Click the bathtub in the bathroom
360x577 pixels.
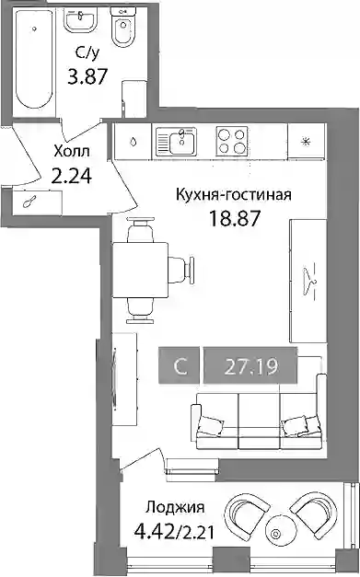pos(34,59)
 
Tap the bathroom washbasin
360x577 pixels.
pos(81,20)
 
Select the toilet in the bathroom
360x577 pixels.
pos(123,28)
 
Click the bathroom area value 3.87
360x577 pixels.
pos(87,77)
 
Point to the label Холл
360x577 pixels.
pos(72,151)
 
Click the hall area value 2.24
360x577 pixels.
pos(72,177)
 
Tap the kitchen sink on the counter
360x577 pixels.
pos(177,142)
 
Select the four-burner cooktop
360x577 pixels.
pos(231,142)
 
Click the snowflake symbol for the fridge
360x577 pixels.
pos(306,142)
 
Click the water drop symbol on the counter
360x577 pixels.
pos(134,142)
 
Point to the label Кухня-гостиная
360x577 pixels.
pos(234,195)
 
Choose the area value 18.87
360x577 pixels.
pos(235,218)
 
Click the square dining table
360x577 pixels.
pos(140,270)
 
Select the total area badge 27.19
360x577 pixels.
pos(250,365)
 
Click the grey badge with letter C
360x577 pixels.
pos(180,365)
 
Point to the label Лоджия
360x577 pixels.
pos(175,508)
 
